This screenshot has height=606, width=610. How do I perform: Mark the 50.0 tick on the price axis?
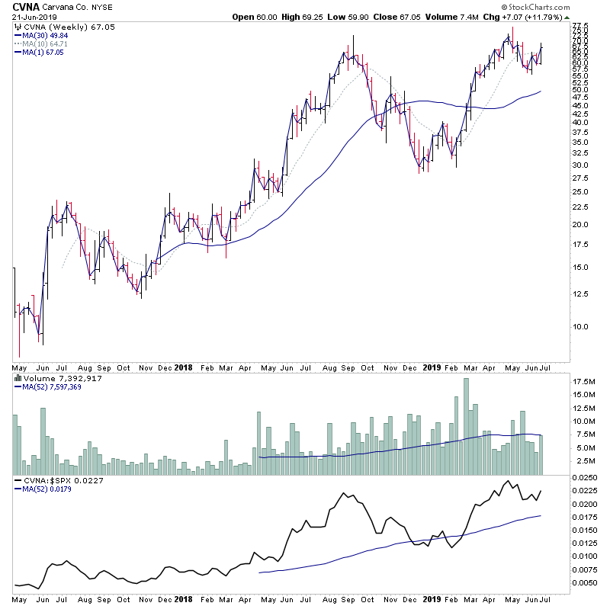[581, 89]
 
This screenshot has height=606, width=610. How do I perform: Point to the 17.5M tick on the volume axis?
[585, 381]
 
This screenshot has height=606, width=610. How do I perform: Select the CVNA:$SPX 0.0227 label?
[50, 480]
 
